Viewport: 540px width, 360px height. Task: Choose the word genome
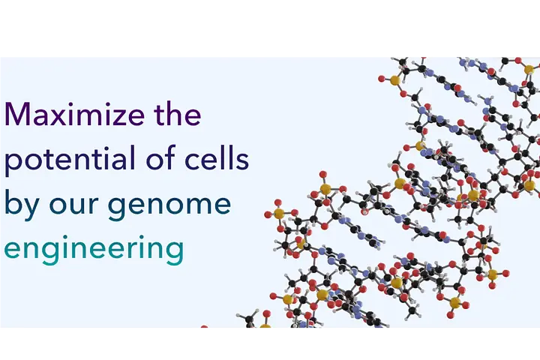pos(169,208)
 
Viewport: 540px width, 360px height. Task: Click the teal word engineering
pos(94,249)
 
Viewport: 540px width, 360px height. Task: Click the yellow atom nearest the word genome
pos(279,214)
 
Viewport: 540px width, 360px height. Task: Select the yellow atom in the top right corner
pos(529,70)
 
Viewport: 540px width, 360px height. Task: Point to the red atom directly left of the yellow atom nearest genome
pos(268,214)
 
